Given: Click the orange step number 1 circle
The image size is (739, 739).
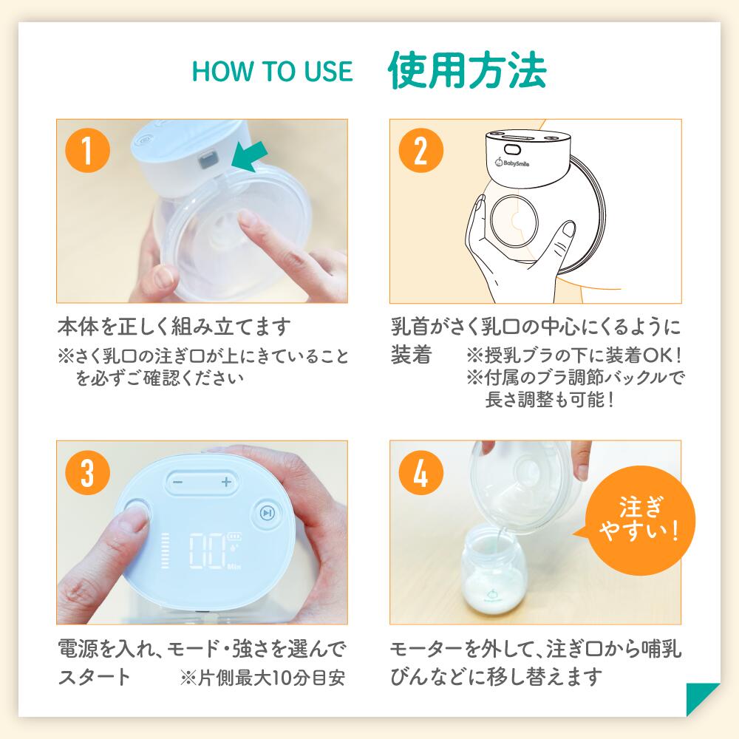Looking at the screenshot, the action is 88,150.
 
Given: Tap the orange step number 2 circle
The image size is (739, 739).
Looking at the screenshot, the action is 421,150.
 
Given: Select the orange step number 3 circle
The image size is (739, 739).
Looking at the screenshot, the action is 88,471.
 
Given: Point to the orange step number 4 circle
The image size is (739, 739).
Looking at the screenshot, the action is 421,471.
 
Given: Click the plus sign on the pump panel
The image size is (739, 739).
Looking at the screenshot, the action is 226,482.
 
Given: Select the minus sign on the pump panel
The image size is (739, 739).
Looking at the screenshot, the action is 177,482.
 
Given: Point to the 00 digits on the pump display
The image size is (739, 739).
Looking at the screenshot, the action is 208,551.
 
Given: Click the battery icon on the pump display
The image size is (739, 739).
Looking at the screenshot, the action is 234,537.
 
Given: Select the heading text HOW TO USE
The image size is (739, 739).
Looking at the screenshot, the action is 272,72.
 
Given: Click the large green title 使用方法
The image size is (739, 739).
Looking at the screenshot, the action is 466,70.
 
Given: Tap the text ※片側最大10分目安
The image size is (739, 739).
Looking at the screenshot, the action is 262,678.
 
